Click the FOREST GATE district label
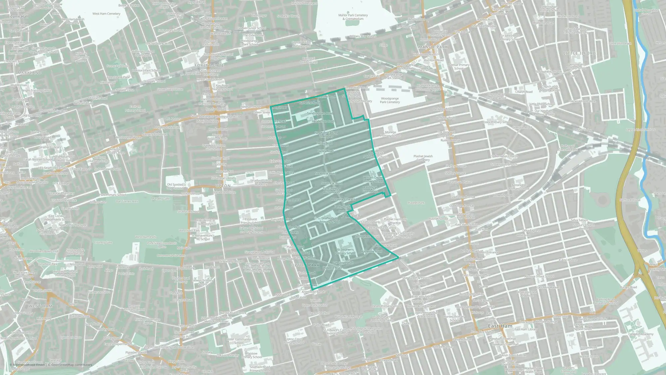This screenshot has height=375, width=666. click(x=209, y=65)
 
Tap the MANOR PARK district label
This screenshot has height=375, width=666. click(x=433, y=47)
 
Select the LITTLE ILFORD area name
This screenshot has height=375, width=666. click(x=579, y=53)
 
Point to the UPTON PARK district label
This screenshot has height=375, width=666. click(x=305, y=265)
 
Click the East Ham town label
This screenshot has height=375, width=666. click(x=500, y=326)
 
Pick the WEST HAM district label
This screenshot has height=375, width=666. click(x=40, y=306)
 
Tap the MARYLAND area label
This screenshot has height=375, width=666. click(x=30, y=72)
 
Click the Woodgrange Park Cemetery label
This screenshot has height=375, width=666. click(x=390, y=100)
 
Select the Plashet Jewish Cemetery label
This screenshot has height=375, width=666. click(x=423, y=158)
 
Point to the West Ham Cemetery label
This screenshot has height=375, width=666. click(x=106, y=14)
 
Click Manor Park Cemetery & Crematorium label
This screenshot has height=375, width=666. click(x=353, y=17)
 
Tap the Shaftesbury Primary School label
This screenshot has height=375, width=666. click(x=330, y=220)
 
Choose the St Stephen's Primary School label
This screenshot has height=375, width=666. click(x=345, y=251)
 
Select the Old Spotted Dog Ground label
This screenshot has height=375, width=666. click(x=175, y=186)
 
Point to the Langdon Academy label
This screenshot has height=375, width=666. click(x=641, y=334)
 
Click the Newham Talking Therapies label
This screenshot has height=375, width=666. click(x=326, y=135)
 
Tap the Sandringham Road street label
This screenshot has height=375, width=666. click(x=320, y=113)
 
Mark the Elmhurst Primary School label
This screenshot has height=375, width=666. click(x=250, y=221)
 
